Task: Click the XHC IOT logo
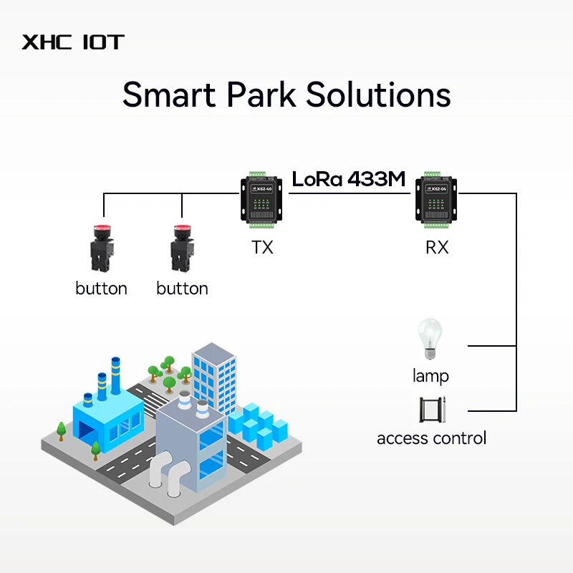(72, 42)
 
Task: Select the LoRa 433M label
(348, 179)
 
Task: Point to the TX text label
(262, 248)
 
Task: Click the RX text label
(437, 248)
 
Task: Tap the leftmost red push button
(101, 248)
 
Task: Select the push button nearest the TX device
(181, 248)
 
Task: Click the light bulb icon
(430, 339)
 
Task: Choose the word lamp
(430, 375)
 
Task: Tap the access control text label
(431, 438)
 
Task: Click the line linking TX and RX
(351, 194)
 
